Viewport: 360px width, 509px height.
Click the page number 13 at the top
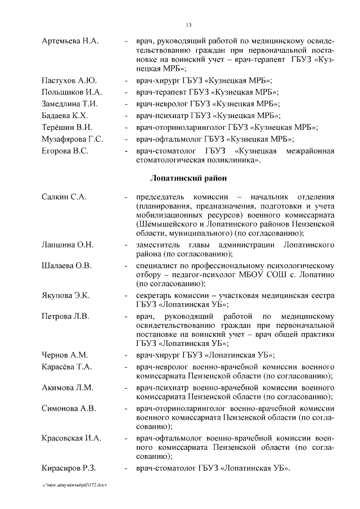[x=188, y=24]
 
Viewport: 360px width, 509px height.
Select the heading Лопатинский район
[x=188, y=178]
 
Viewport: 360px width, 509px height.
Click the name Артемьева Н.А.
[x=70, y=42]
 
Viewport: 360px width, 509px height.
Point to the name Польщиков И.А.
[x=71, y=92]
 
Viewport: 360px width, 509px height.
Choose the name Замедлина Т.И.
[x=70, y=103]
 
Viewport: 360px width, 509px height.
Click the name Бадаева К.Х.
[x=67, y=115]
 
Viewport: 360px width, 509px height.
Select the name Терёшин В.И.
[x=67, y=127]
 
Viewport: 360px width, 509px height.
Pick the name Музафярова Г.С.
[x=72, y=139]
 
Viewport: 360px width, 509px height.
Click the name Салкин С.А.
[x=64, y=197]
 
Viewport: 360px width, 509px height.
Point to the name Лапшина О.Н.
[x=67, y=244]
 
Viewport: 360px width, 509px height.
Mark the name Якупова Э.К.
[x=66, y=295]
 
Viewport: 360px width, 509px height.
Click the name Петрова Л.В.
[x=66, y=316]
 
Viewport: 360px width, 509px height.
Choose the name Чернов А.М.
[x=65, y=355]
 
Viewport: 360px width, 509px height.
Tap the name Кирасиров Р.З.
[x=70, y=467]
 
